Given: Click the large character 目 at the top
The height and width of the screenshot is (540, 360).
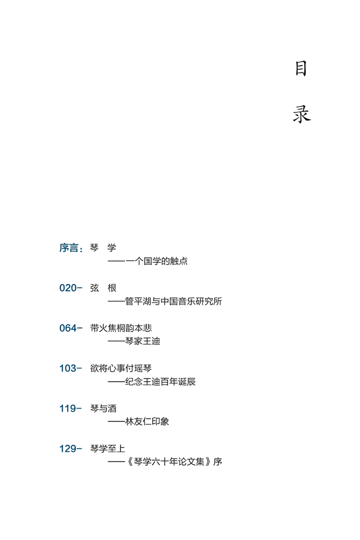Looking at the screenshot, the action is [x=301, y=69].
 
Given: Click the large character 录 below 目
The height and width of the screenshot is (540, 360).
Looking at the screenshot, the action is [x=301, y=114].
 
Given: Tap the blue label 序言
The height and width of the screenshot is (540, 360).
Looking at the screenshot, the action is [x=69, y=248].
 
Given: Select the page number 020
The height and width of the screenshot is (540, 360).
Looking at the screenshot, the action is [x=68, y=288].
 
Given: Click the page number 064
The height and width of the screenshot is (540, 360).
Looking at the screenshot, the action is [x=68, y=328].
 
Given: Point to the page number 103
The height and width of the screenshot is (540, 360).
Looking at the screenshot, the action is [x=68, y=369].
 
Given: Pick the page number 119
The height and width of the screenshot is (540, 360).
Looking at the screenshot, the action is [x=68, y=409].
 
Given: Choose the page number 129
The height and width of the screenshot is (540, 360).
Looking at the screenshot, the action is [x=68, y=449].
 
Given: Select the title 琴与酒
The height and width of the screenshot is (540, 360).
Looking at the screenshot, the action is [x=103, y=409].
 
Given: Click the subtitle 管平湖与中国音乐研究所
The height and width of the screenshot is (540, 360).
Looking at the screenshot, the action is [x=174, y=301].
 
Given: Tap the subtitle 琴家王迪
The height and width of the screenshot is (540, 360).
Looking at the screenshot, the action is [x=143, y=342].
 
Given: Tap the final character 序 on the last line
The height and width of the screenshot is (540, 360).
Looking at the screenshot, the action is [x=218, y=462].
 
